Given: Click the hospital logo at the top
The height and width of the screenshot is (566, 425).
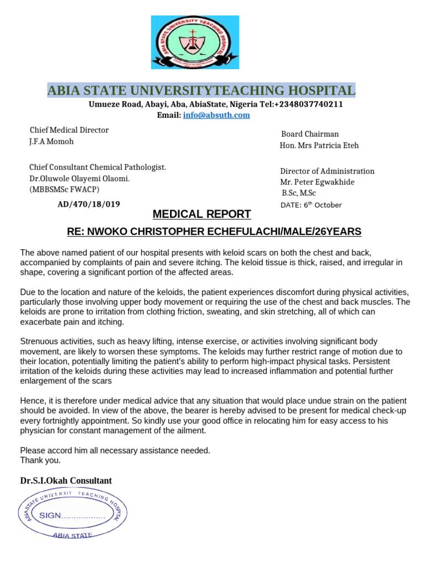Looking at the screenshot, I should [x=195, y=43].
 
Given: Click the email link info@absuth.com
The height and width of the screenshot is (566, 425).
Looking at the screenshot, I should [x=216, y=115].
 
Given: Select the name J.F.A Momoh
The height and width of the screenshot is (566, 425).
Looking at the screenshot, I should [x=51, y=141].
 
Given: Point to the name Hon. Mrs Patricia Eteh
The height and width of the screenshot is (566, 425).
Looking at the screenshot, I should [x=319, y=145].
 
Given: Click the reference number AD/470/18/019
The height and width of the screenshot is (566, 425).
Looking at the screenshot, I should [x=89, y=204].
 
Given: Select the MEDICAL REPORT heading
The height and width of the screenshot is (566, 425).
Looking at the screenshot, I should [x=201, y=214].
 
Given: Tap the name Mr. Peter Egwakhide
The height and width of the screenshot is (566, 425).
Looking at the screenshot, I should [x=317, y=182].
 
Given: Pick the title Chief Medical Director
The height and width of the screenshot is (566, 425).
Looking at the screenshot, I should [x=69, y=130].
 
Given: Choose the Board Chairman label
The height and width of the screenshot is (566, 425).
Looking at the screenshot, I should [x=310, y=134].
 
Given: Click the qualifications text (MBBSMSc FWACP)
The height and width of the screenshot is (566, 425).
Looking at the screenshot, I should [x=64, y=190].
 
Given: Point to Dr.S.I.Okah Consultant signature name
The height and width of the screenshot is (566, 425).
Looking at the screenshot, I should [x=66, y=481].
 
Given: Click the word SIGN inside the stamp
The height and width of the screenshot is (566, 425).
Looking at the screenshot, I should [x=49, y=515].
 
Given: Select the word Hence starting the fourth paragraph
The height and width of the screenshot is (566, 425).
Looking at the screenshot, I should [x=32, y=401].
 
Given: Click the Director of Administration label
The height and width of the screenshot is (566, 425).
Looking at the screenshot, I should [x=327, y=171].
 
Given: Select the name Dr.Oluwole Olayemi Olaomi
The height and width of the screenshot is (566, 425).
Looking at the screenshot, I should [x=79, y=179].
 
